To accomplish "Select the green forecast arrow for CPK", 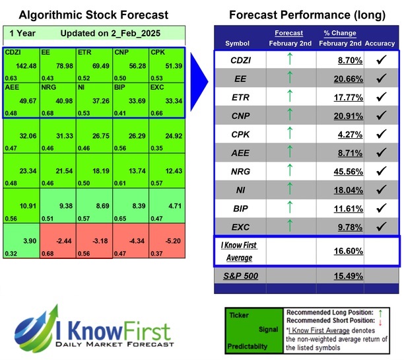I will tap(288, 135).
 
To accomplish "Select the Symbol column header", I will tap(238, 43).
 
